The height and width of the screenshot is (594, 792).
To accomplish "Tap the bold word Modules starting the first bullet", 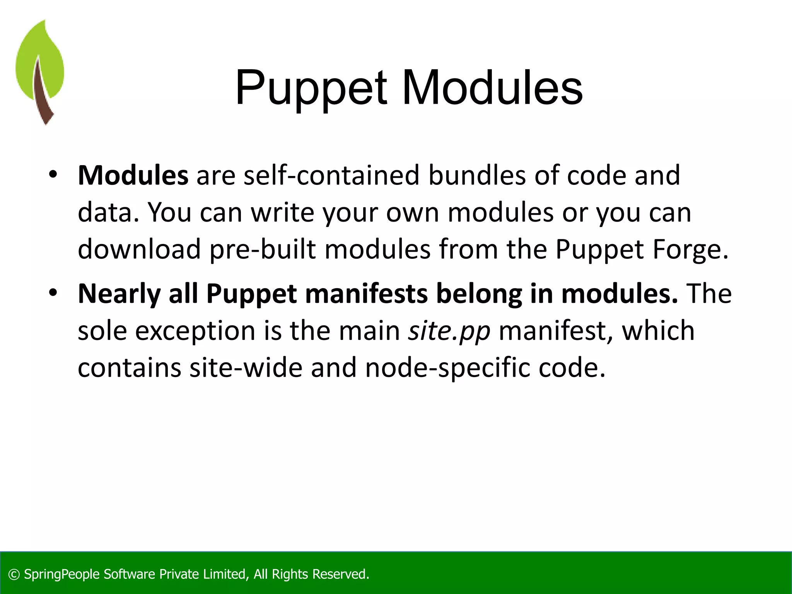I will pyautogui.click(x=133, y=176).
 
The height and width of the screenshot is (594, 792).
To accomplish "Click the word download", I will pyautogui.click(x=139, y=249).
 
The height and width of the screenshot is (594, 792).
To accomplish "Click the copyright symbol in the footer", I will pyautogui.click(x=14, y=575).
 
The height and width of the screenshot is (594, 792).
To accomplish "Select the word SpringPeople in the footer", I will pyautogui.click(x=62, y=575).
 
